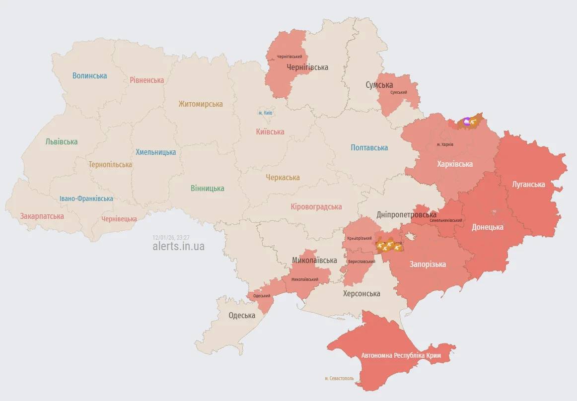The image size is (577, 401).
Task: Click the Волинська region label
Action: (89, 76)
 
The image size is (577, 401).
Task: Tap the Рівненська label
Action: (146, 80)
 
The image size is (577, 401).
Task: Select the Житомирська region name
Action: (201, 104)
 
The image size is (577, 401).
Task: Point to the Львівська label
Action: (62, 141)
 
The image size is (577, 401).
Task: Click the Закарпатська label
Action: (42, 216)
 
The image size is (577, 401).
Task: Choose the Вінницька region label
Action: (207, 189)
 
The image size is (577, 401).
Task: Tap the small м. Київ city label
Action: (265, 113)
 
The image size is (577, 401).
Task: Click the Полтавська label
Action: (369, 148)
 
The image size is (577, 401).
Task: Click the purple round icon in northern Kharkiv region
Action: (466, 121)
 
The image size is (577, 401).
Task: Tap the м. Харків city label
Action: (445, 144)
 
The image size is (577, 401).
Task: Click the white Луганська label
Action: (528, 185)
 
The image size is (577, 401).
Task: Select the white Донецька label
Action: (487, 227)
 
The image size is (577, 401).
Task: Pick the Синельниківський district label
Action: (446, 220)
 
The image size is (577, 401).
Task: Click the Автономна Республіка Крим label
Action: (401, 356)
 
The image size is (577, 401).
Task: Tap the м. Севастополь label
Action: (339, 378)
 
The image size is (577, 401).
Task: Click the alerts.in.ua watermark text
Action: (178, 246)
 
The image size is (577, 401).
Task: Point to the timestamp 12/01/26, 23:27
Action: (171, 237)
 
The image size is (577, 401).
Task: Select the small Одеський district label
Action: (262, 296)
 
